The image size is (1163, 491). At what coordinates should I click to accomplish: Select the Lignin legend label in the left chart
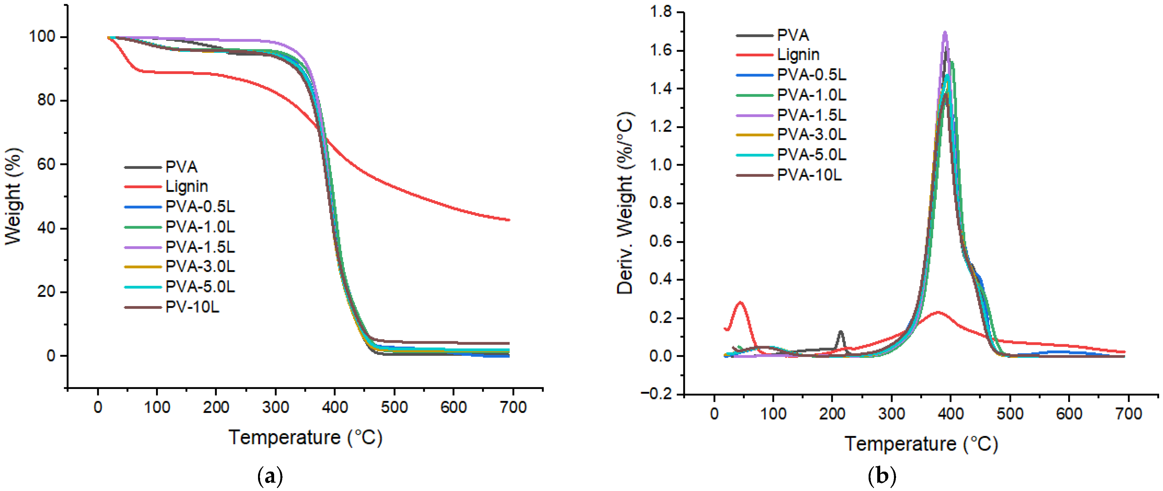[186, 186]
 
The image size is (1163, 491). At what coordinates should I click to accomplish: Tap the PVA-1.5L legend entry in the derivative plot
[811, 115]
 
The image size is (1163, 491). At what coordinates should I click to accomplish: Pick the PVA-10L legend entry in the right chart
[809, 175]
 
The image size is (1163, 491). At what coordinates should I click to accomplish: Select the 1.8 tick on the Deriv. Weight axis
[660, 12]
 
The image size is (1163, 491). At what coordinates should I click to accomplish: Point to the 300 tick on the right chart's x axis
[891, 414]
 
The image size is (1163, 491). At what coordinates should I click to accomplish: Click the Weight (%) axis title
[13, 197]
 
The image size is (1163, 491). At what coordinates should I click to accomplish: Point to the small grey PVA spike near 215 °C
[840, 332]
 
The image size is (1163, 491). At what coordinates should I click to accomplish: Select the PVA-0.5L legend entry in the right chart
[811, 75]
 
